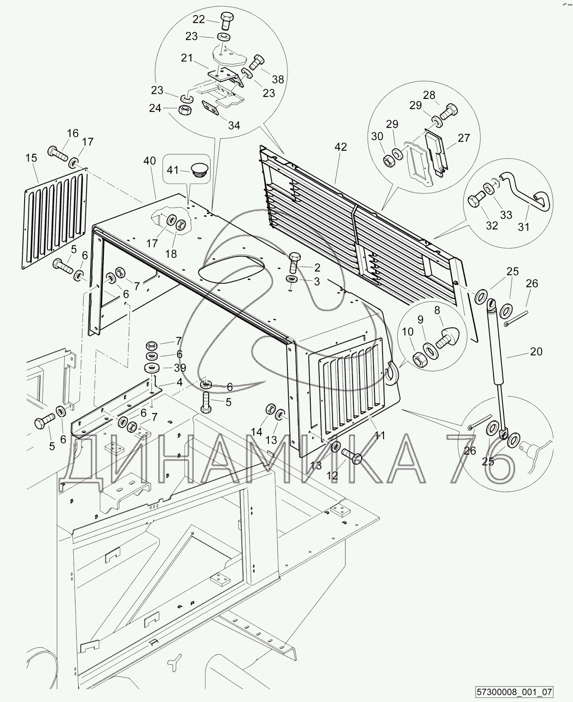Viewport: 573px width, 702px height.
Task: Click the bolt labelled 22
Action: (227, 20)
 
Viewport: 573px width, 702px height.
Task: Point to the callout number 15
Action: (31, 158)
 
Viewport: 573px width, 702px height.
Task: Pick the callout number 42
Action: (341, 147)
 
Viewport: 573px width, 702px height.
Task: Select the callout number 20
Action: (536, 351)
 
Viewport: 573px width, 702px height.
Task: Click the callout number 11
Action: (380, 435)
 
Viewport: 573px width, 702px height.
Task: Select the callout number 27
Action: (464, 138)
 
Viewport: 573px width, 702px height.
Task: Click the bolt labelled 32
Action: (476, 200)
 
